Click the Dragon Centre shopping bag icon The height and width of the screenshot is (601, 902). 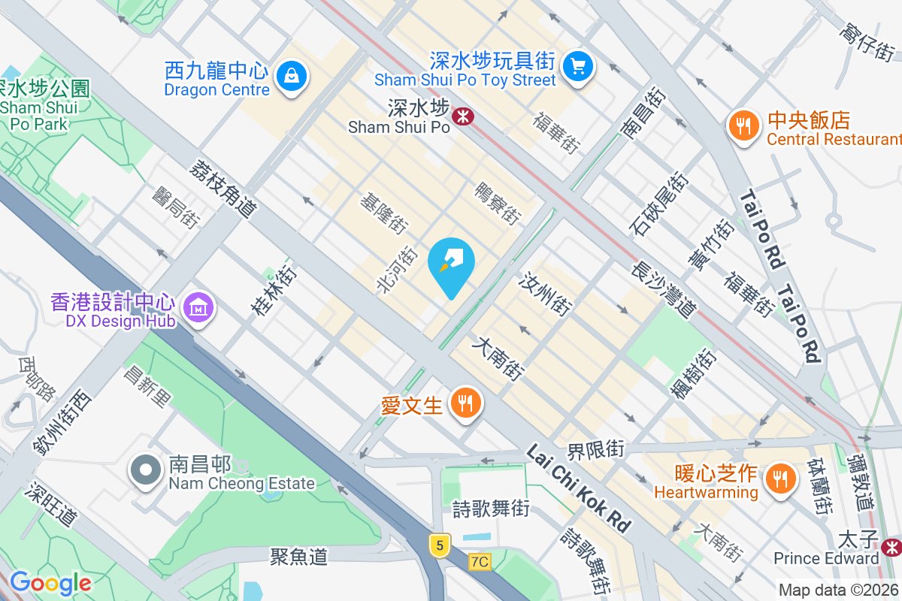[290, 75]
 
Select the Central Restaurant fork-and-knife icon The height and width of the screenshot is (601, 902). [744, 126]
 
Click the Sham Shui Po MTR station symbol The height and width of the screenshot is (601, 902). [462, 116]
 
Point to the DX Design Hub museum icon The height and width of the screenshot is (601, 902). [199, 307]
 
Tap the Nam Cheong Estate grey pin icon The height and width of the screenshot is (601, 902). [147, 471]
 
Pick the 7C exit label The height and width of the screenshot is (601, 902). [480, 561]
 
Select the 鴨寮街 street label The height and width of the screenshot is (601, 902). [498, 203]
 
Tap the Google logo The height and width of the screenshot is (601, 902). [50, 583]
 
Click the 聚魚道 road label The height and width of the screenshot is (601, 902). [299, 557]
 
